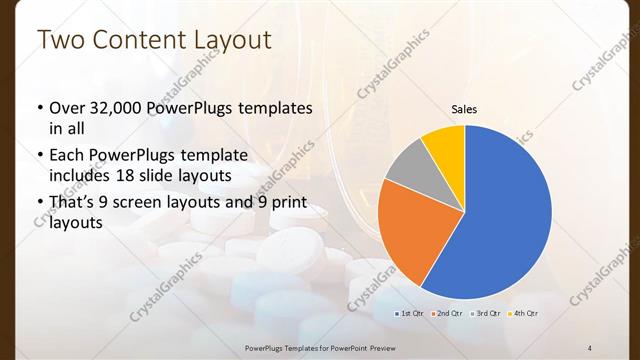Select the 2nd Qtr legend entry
pyautogui.click(x=448, y=314)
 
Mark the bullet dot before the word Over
pyautogui.click(x=39, y=107)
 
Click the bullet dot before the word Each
pyautogui.click(x=39, y=155)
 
